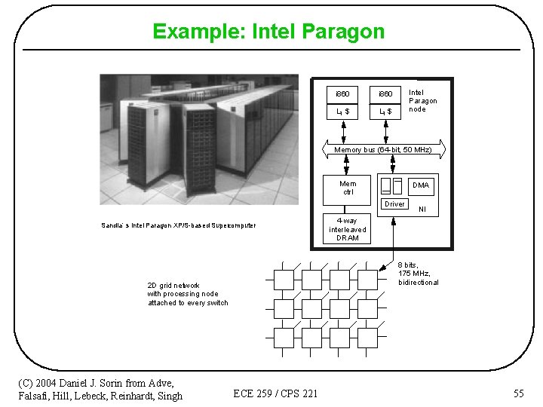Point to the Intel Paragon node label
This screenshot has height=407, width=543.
pyautogui.click(x=422, y=101)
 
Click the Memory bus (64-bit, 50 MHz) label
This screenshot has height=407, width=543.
pyautogui.click(x=382, y=150)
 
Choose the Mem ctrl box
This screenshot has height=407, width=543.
pyautogui.click(x=348, y=188)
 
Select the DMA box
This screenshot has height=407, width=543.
pyautogui.click(x=421, y=185)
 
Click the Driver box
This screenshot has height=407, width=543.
pyautogui.click(x=394, y=204)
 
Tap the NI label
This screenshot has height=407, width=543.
pyautogui.click(x=422, y=210)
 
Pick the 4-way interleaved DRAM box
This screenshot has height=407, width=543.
pyautogui.click(x=348, y=229)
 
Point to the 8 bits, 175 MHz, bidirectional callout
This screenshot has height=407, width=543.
pyautogui.click(x=419, y=274)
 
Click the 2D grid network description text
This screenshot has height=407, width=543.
pyautogui.click(x=187, y=294)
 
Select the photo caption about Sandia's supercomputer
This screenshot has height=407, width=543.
pyautogui.click(x=179, y=225)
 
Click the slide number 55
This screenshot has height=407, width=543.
pyautogui.click(x=518, y=393)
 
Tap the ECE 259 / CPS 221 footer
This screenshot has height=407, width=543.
pyautogui.click(x=275, y=393)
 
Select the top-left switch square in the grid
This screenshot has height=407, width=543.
pyautogui.click(x=284, y=280)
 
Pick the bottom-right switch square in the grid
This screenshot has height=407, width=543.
pyautogui.click(x=367, y=337)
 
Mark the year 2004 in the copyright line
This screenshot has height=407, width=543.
pyautogui.click(x=51, y=384)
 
